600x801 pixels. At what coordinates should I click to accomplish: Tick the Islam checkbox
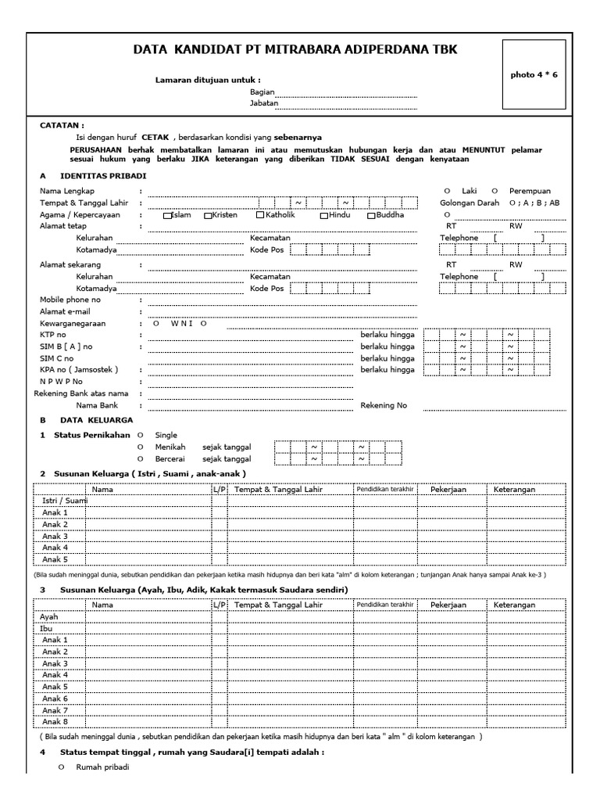[x=167, y=216]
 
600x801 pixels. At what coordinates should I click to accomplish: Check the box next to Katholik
[x=260, y=216]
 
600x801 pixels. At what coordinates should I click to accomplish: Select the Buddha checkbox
[x=372, y=216]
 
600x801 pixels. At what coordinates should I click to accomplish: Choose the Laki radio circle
[x=446, y=191]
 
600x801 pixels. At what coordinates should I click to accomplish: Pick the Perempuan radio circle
[x=495, y=191]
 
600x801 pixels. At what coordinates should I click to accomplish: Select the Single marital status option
[x=141, y=435]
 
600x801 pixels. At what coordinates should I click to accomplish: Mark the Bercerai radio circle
[x=141, y=458]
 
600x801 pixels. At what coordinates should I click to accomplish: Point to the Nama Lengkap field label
[x=68, y=191]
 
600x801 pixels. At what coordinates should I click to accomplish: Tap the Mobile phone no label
[x=70, y=300]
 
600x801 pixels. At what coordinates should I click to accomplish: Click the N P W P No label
[x=61, y=382]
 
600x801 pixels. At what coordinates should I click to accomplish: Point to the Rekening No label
[x=384, y=406]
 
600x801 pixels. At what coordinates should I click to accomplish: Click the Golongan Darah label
[x=470, y=203]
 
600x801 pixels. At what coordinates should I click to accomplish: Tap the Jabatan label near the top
[x=263, y=103]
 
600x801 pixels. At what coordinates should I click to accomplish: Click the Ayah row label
[x=49, y=616]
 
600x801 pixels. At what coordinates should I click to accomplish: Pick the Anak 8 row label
[x=55, y=721]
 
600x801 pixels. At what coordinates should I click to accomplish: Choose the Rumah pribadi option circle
[x=62, y=768]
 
